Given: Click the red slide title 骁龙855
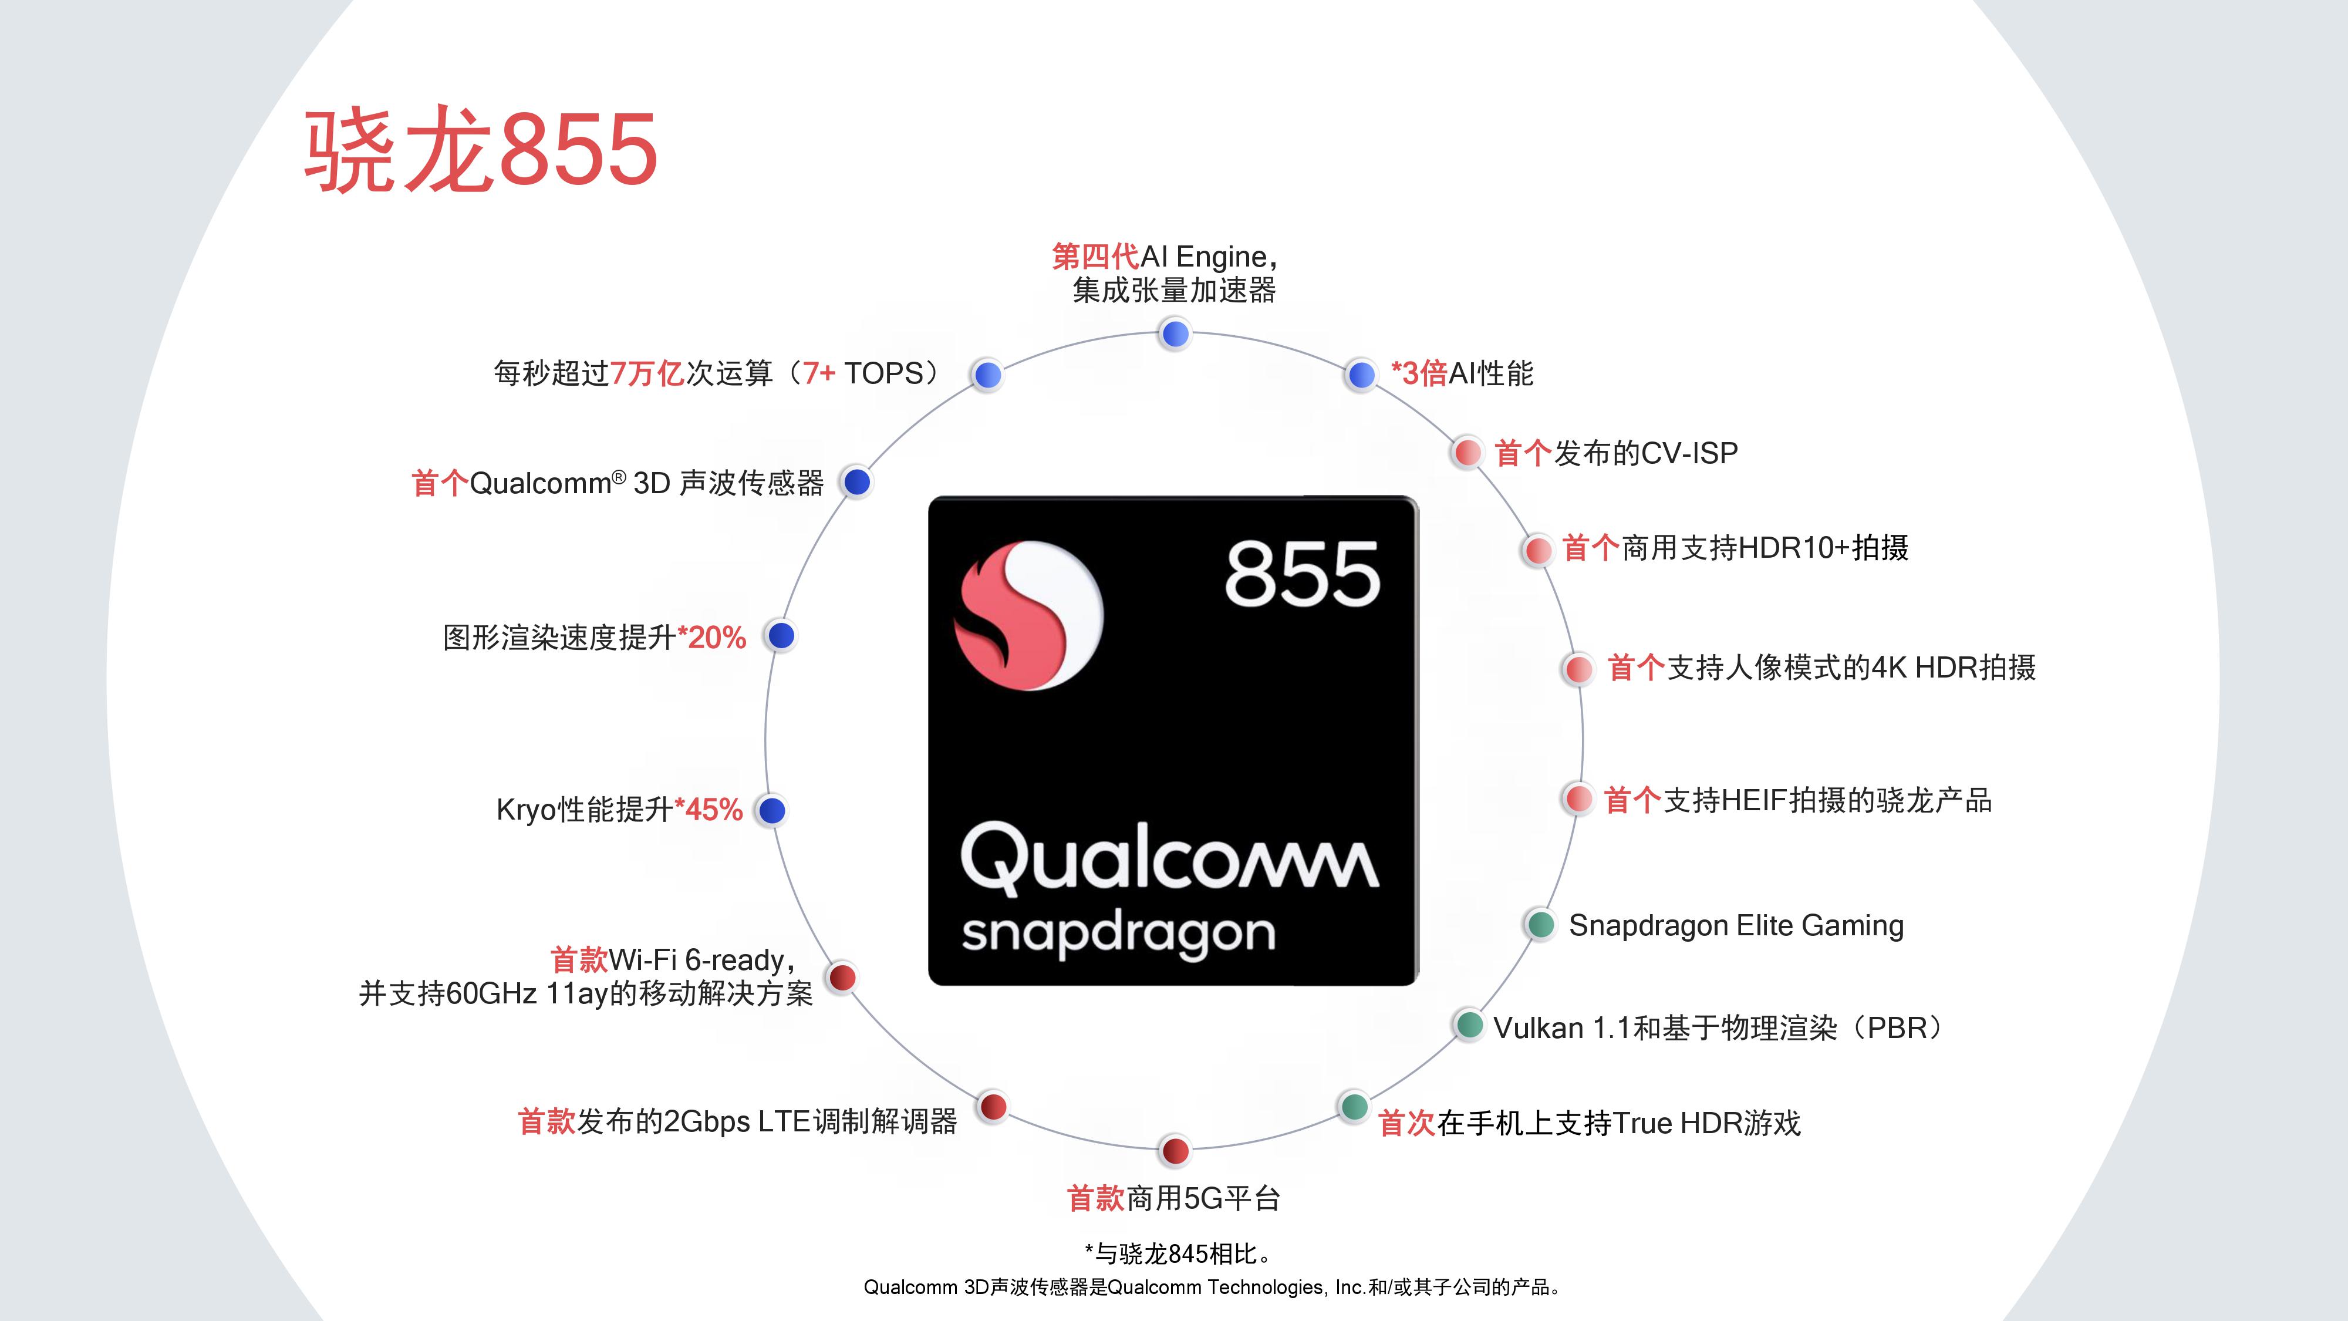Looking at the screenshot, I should pos(480,150).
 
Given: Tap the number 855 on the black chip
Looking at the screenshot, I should pos(1301,574).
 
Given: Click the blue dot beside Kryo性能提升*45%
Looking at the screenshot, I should pos(772,810).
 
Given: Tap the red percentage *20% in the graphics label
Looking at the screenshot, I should pos(712,637).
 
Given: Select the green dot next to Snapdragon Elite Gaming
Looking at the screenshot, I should pos(1540,925).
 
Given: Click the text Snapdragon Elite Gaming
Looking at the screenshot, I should pos(1736,925).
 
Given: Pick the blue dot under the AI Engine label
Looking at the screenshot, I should pos(1175,335).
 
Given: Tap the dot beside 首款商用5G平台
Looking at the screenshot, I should pos(1175,1151).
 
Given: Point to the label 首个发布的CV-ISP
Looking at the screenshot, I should pos(1616,453).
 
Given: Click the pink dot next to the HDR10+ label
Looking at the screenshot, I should pos(1538,550).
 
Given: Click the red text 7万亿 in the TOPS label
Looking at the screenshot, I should pos(647,373).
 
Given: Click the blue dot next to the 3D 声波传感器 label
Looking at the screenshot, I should pos(856,482).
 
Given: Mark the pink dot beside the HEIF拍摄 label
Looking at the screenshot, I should pos(1578,800).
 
